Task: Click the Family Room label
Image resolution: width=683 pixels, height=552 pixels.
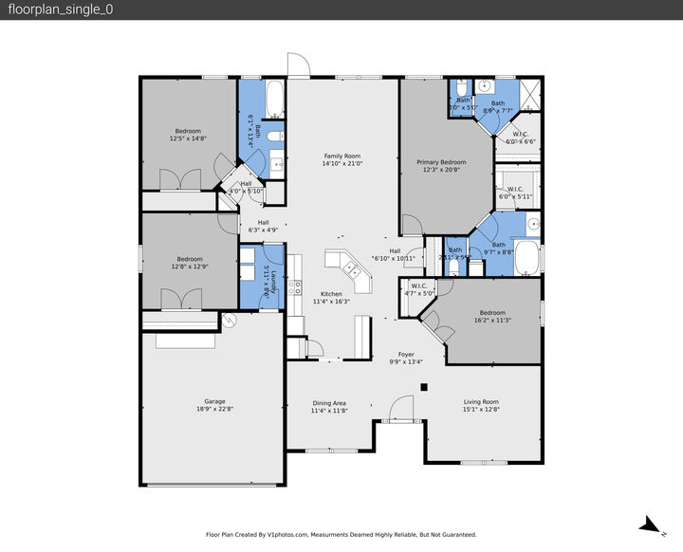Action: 342,156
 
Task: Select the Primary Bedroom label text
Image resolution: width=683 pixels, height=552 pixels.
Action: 441,162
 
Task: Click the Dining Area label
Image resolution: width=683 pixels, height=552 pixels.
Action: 328,403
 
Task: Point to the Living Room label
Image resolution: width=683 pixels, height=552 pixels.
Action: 480,402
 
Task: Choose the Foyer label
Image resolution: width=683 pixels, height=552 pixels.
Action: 406,355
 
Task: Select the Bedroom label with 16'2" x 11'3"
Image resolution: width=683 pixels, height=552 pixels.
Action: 492,313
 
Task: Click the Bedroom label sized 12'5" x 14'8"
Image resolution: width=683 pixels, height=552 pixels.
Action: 188,131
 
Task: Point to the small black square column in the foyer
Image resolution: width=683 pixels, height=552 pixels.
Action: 424,386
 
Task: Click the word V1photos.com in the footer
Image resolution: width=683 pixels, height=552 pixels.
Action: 288,535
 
